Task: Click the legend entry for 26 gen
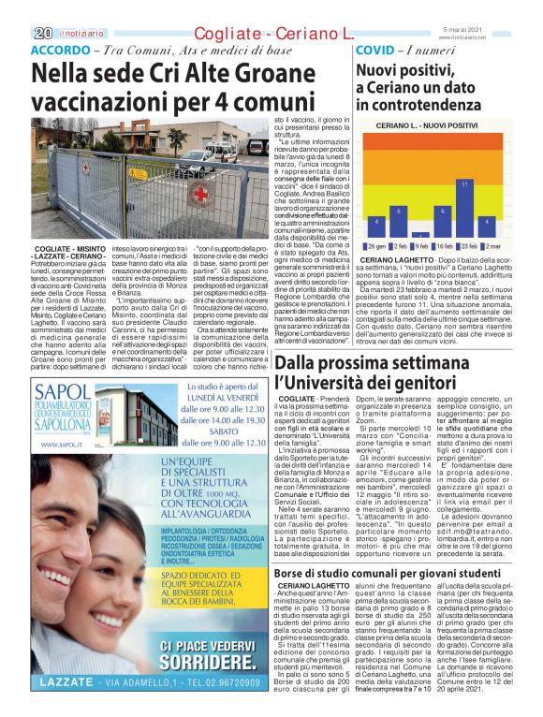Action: point(373,245)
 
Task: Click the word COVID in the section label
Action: point(375,49)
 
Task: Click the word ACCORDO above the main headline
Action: point(61,49)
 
